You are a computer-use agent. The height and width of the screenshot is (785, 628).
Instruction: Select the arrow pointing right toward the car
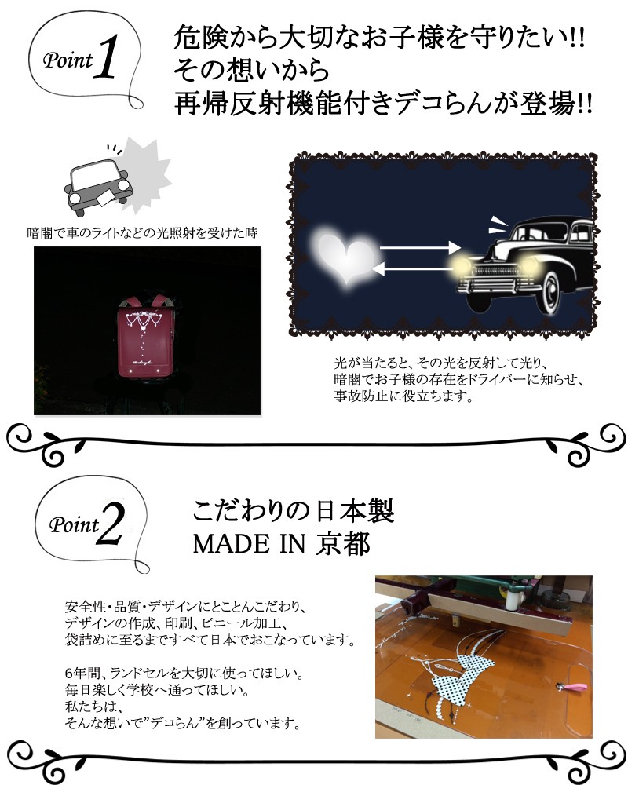pyautogui.click(x=420, y=248)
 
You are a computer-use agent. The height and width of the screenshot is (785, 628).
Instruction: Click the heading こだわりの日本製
pyautogui.click(x=292, y=512)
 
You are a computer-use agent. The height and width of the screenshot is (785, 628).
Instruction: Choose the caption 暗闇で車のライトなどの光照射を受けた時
pyautogui.click(x=143, y=233)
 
